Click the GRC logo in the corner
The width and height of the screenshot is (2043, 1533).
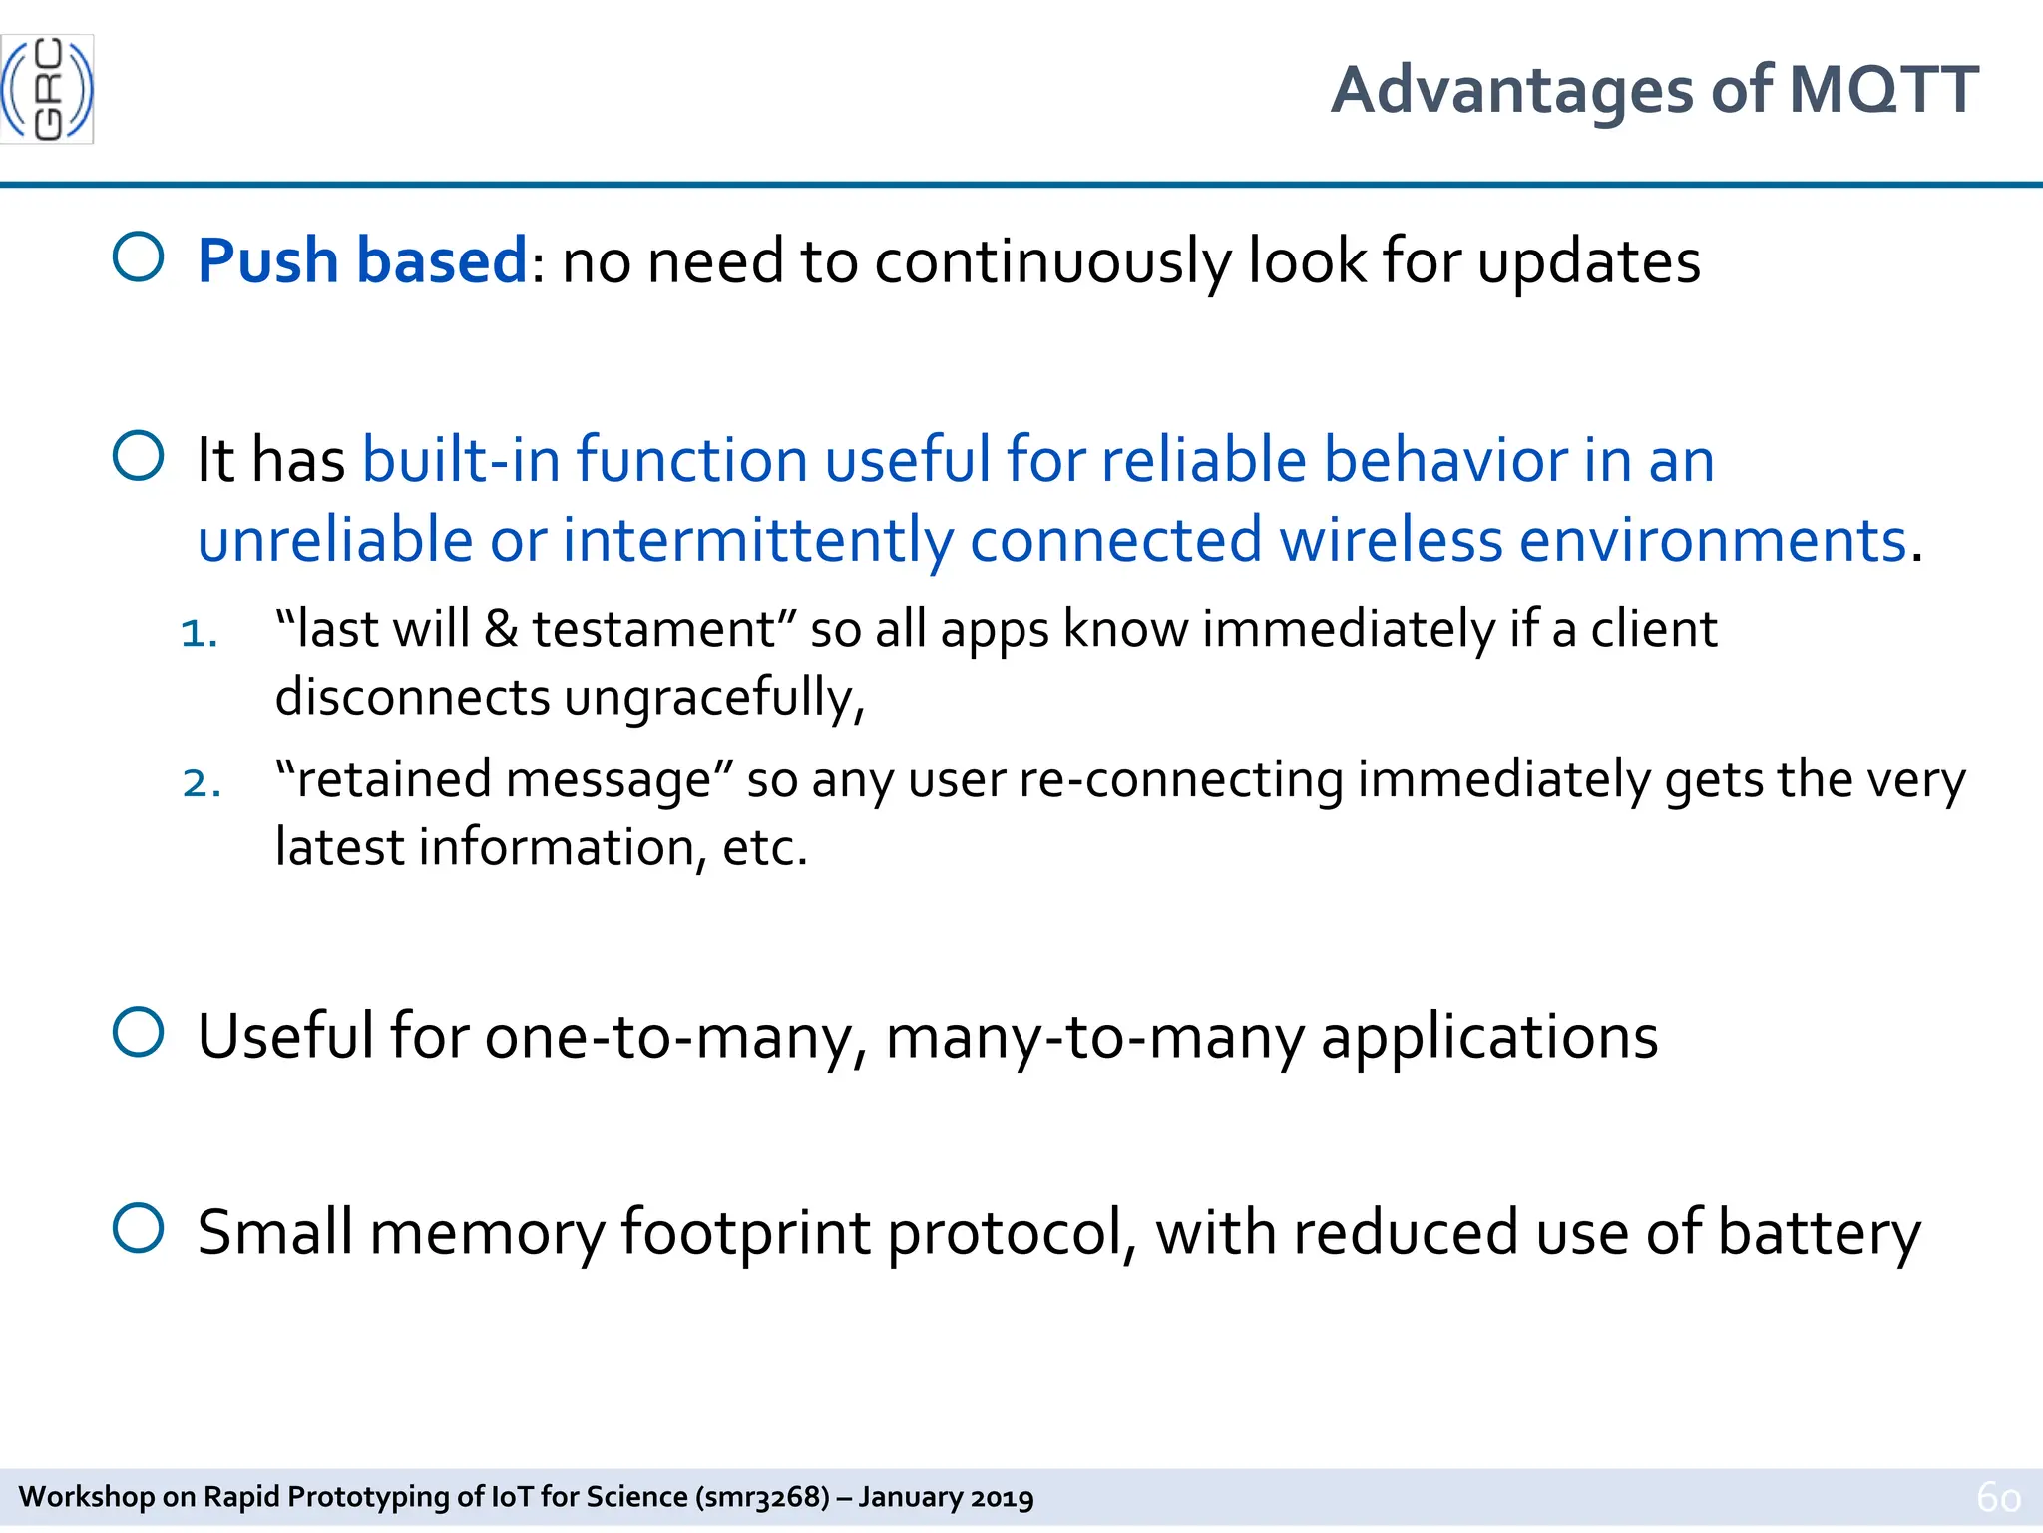pyautogui.click(x=47, y=89)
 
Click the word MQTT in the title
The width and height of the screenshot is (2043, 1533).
pyautogui.click(x=1883, y=90)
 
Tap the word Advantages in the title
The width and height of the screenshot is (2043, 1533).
pyautogui.click(x=1511, y=90)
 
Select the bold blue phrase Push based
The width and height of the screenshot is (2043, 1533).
pyautogui.click(x=362, y=261)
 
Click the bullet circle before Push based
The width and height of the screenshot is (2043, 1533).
pyautogui.click(x=138, y=257)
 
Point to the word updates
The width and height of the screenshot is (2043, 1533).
pyautogui.click(x=1588, y=263)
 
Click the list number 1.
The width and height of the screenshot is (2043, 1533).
pyautogui.click(x=198, y=633)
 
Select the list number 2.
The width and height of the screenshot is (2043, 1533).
pyautogui.click(x=201, y=783)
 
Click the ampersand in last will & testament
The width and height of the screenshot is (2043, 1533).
pyautogui.click(x=500, y=630)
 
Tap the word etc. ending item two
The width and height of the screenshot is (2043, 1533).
pyautogui.click(x=764, y=848)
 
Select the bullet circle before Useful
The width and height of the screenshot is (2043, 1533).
pyautogui.click(x=138, y=1032)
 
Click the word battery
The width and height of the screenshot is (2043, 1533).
pyautogui.click(x=1819, y=1233)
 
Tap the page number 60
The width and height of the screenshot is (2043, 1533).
pyautogui.click(x=1998, y=1497)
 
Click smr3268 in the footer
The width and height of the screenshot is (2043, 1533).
pyautogui.click(x=764, y=1497)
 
